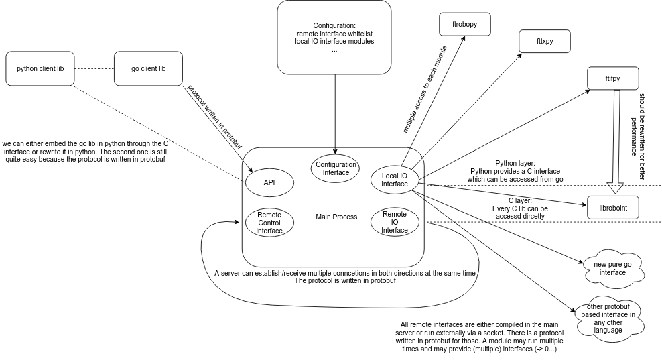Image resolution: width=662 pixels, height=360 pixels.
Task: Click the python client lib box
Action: click(x=40, y=68)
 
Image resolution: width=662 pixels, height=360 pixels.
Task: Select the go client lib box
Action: click(x=148, y=68)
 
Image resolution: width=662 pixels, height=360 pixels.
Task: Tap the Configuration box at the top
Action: click(x=334, y=37)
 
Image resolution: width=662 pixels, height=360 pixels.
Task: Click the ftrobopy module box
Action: click(x=465, y=25)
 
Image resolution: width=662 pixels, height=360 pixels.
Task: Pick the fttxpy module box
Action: click(x=545, y=41)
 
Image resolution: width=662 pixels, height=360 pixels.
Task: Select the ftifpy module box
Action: click(x=612, y=78)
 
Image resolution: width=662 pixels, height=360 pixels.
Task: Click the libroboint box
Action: click(x=613, y=207)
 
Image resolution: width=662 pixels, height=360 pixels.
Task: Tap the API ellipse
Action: click(x=269, y=182)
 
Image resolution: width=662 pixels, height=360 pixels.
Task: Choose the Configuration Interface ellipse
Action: click(x=336, y=168)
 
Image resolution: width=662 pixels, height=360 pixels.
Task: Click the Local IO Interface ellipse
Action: click(x=395, y=180)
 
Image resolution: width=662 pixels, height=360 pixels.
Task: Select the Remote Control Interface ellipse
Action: click(x=269, y=223)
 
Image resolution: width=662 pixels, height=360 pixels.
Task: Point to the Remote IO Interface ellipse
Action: click(x=395, y=222)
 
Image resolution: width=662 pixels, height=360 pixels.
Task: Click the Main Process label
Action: click(x=336, y=217)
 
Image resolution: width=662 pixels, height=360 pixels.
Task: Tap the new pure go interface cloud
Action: click(x=613, y=268)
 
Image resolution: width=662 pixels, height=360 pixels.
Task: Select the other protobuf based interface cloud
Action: click(x=608, y=318)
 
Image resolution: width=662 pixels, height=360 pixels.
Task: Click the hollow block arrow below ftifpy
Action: click(x=616, y=141)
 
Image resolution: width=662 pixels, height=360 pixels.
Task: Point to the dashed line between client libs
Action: click(x=94, y=68)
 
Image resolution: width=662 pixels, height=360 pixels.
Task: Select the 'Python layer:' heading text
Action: click(x=515, y=163)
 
